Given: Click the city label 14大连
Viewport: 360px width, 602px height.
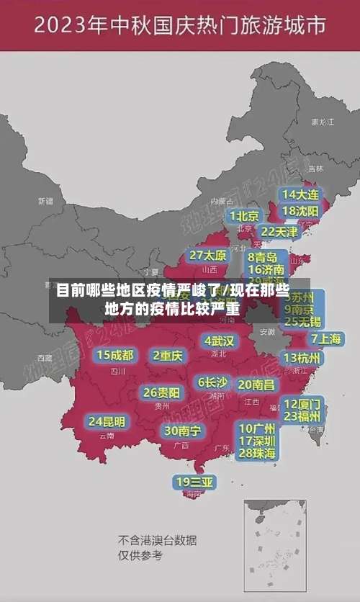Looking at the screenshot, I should point(300,194).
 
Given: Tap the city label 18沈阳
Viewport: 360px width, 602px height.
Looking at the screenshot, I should point(300,211).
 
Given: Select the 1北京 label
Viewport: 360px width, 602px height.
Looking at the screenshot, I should point(244,215).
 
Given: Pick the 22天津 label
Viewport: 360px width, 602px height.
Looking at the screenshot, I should point(279,232).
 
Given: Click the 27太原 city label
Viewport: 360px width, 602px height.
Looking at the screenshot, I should point(208,256).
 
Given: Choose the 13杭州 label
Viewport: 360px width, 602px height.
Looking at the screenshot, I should point(302,358).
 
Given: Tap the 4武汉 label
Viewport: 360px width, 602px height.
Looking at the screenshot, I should point(219,341).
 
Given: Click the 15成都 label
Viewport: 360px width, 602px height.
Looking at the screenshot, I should point(115,355).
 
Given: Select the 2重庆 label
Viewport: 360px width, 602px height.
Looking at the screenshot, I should point(168,356).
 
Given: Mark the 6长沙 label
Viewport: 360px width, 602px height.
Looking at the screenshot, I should point(212,382).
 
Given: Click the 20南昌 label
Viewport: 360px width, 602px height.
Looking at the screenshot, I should point(256,385).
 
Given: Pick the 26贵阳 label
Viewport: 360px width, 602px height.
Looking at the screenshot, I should point(161,393).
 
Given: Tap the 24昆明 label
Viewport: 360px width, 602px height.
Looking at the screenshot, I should point(106,421).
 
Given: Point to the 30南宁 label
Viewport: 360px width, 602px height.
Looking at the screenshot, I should point(182,431).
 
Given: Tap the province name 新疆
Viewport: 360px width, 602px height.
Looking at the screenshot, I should point(45,201).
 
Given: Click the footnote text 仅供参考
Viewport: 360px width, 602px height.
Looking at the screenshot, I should point(140,555).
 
